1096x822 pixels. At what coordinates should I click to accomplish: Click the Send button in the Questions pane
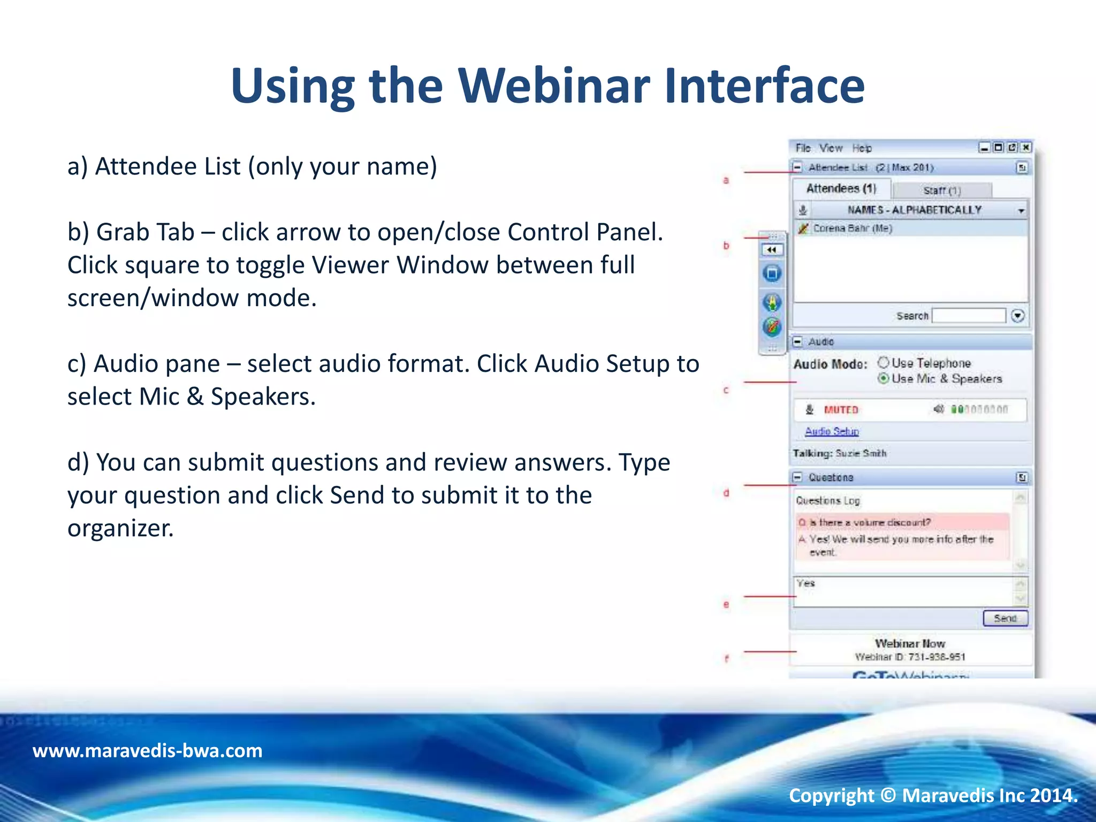[1005, 618]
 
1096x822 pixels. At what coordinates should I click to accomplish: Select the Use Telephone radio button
[884, 363]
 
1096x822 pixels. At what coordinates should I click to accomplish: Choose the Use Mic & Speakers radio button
[884, 378]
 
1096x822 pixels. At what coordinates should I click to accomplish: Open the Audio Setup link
[832, 431]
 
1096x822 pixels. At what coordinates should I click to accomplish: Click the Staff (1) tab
[942, 191]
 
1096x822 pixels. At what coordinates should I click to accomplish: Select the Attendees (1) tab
[841, 188]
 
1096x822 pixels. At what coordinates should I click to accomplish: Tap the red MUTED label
[841, 410]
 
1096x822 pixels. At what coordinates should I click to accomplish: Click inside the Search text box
[969, 316]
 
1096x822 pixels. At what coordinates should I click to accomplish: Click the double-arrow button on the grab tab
[772, 250]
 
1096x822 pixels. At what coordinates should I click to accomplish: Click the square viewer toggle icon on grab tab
[772, 274]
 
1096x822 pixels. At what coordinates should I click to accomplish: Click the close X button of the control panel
[1025, 147]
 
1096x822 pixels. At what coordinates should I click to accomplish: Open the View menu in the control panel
[831, 148]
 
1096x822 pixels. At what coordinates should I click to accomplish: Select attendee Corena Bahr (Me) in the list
[852, 229]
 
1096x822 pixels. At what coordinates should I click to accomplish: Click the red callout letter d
[726, 493]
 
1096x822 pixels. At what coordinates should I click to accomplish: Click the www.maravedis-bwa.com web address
[147, 750]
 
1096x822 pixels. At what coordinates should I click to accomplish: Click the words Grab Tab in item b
[145, 232]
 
